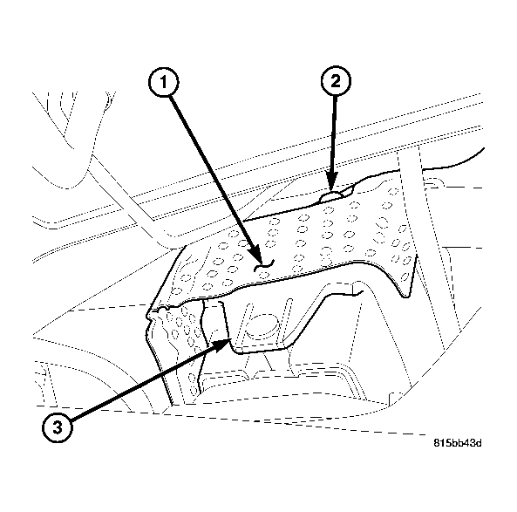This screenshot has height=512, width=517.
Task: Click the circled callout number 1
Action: (x=163, y=83)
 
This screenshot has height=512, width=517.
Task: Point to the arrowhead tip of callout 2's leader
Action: (x=332, y=191)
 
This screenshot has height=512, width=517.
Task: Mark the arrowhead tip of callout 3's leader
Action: (x=228, y=341)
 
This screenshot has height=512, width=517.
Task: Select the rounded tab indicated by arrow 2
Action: (x=334, y=196)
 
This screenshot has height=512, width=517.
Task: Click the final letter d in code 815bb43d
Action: (x=478, y=442)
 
